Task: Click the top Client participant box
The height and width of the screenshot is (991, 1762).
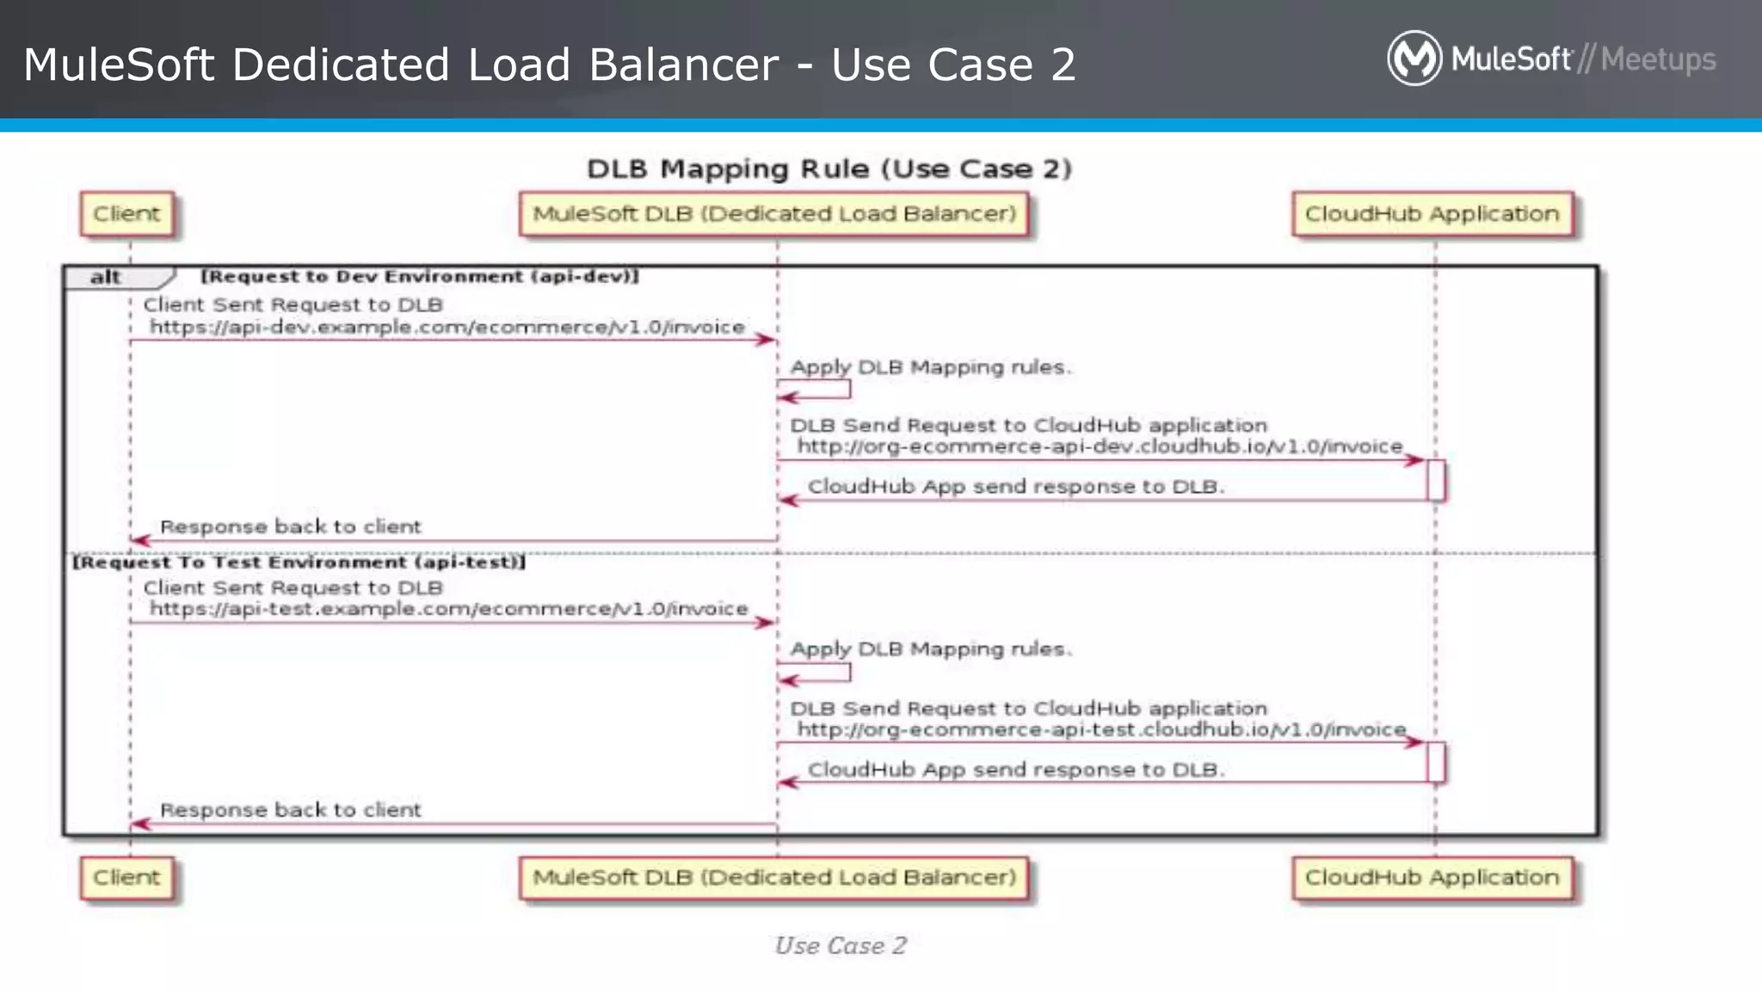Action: pos(126,214)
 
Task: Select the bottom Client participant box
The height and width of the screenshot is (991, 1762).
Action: pos(126,877)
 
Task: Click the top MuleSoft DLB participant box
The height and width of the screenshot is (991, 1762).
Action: pos(773,214)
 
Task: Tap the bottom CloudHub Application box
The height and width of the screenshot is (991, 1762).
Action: pos(1432,877)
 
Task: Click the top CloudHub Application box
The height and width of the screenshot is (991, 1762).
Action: pos(1432,214)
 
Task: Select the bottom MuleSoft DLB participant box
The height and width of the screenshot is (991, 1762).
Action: pos(773,877)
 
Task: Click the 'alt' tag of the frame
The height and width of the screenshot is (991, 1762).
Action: pos(107,277)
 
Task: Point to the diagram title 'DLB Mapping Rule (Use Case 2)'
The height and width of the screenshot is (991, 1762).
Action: pos(829,169)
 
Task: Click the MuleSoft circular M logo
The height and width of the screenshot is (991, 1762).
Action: pos(1414,58)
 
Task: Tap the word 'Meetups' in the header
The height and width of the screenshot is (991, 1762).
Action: pos(1658,59)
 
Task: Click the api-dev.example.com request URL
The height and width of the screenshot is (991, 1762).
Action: pos(447,327)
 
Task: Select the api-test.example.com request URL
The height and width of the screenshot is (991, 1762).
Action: pos(449,609)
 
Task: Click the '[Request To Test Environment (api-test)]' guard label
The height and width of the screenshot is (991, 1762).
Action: pos(299,563)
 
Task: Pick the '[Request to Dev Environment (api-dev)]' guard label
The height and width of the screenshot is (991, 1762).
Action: pos(420,276)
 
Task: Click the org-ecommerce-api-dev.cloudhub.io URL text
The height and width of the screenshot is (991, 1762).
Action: pos(1100,446)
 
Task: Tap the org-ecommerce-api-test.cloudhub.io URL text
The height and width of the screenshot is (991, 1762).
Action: pos(1101,729)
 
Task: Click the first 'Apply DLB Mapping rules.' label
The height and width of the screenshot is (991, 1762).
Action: pos(930,367)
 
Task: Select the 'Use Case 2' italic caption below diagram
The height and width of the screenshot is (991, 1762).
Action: pos(841,945)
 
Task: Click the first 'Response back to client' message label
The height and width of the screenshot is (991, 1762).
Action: pos(291,526)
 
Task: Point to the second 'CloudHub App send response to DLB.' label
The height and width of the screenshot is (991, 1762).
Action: pos(1015,770)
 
